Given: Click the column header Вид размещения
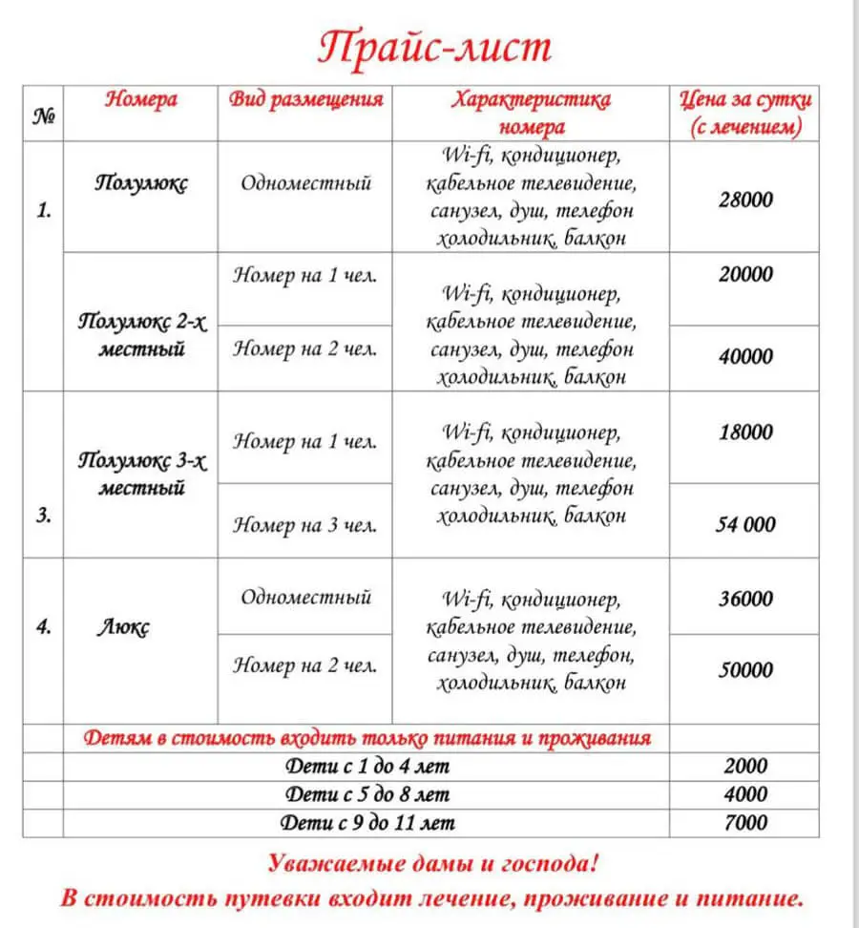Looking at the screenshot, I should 306,100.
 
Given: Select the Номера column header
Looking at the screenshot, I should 141,99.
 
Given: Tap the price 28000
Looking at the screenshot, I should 745,200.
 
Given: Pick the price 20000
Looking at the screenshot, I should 745,274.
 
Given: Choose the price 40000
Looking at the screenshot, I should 745,356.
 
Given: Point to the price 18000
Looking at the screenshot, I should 745,432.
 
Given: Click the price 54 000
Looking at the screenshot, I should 745,524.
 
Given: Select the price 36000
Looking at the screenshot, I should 745,600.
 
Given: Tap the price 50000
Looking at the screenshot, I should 745,670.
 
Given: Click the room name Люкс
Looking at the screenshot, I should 125,628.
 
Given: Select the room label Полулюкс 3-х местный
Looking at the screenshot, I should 142,475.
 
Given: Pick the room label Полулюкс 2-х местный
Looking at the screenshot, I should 142,335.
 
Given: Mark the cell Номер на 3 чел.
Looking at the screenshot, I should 305,524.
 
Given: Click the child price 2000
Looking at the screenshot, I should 745,767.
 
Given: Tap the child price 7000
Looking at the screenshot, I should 745,822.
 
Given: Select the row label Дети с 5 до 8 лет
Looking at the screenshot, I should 367,794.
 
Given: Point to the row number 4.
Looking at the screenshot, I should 44,628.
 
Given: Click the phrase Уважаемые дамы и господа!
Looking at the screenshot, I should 433,865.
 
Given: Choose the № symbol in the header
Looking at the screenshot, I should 44,117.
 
